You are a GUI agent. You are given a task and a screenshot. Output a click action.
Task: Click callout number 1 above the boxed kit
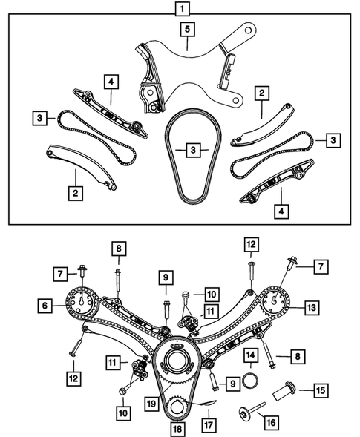click(180, 9)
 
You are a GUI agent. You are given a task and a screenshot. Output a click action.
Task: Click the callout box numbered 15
click(319, 390)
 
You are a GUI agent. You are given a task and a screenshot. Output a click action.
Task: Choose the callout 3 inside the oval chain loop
click(194, 151)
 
